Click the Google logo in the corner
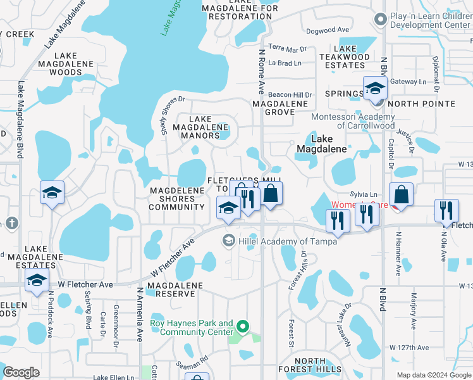point(21,372)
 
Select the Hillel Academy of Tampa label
point(287,241)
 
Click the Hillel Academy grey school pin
point(228,241)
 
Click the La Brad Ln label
point(285,63)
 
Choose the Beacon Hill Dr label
point(290,95)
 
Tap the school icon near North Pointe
point(374,89)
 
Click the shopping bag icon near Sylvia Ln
point(401,194)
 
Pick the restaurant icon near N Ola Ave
point(446,210)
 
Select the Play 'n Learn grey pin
point(380,19)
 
